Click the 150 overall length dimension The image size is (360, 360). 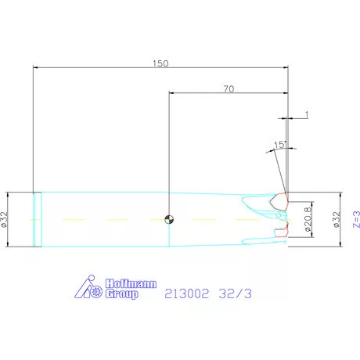pos(160,63)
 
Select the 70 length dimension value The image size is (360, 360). pos(229,89)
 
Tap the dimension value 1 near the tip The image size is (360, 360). pos(307,114)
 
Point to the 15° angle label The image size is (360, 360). pos(280,145)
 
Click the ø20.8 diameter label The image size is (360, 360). pos(308,219)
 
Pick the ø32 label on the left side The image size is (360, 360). pos(5,219)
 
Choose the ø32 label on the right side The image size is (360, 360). pos(337,219)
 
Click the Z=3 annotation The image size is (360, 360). pos(356,219)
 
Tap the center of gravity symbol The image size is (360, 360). pos(169,219)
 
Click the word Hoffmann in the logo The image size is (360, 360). pos(131,283)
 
